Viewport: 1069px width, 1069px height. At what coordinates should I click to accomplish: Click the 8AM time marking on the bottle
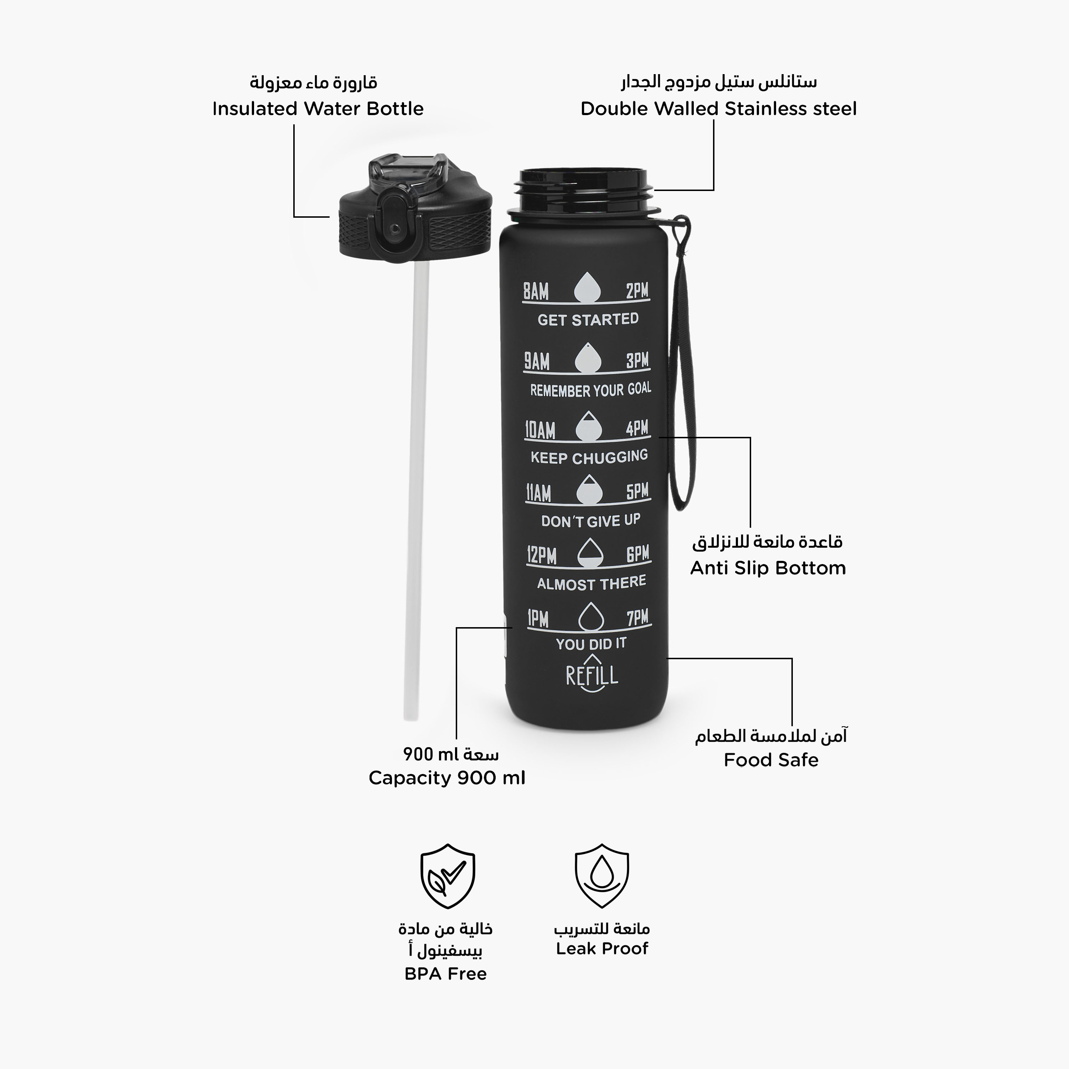536,291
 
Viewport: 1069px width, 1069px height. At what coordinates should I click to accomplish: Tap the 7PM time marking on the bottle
637,618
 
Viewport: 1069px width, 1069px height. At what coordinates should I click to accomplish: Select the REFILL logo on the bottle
592,673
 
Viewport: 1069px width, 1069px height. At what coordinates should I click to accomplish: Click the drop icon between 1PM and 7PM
590,616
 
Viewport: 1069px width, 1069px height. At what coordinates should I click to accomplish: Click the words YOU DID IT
591,644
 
